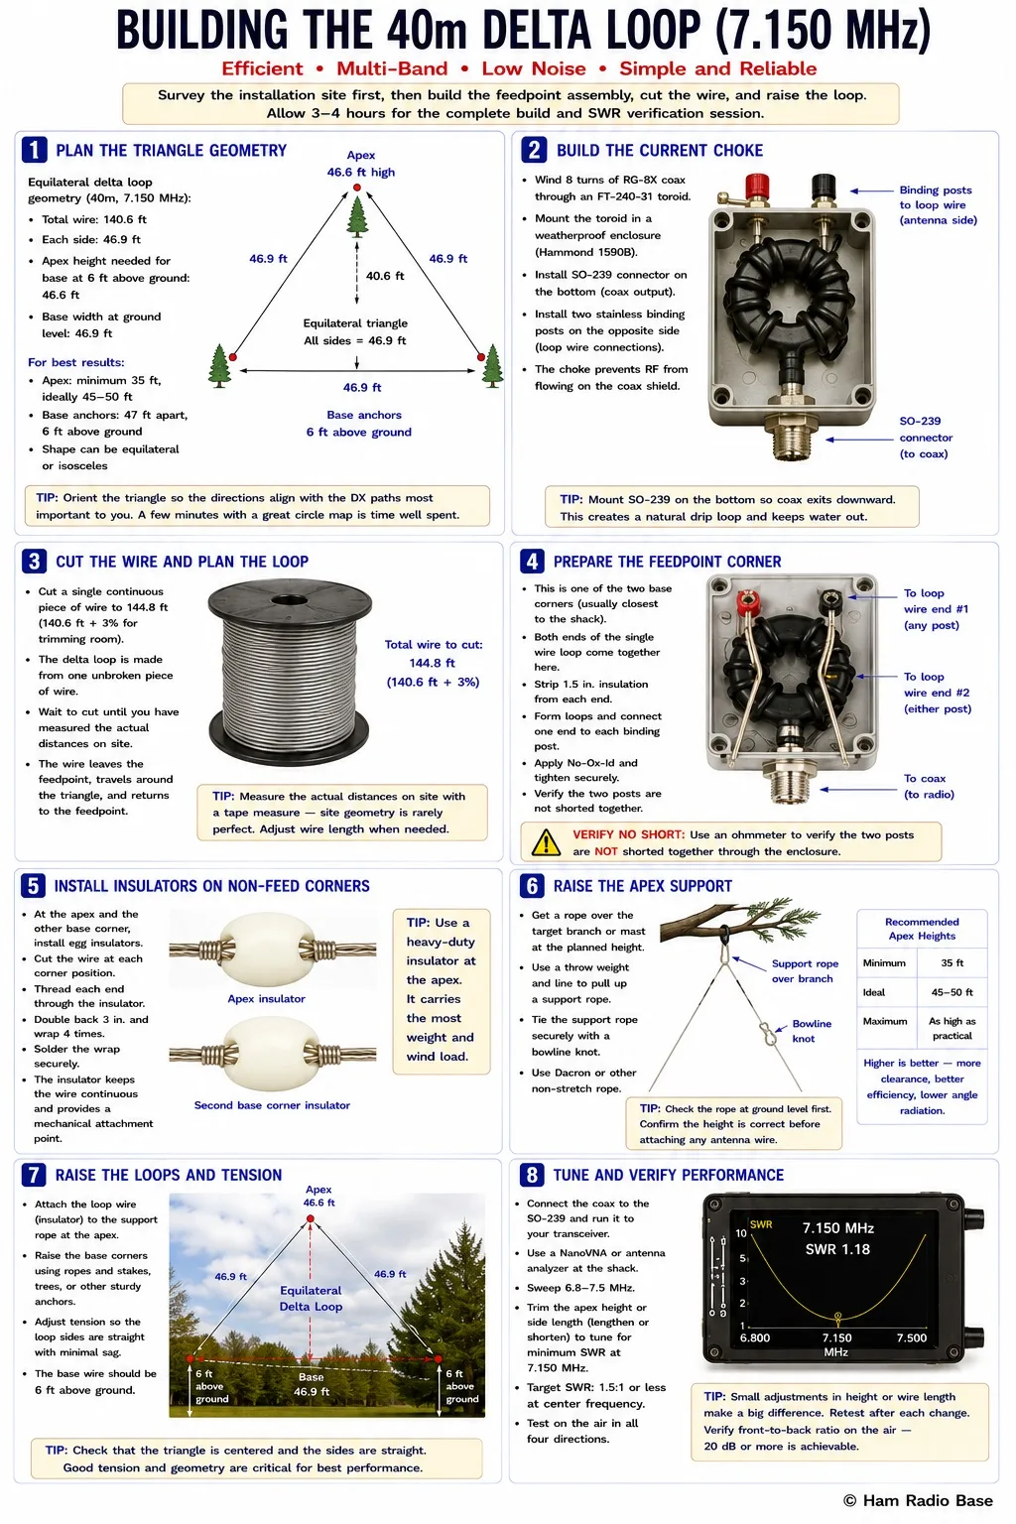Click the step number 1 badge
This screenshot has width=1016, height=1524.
click(34, 150)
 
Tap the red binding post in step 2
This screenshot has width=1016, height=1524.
click(757, 188)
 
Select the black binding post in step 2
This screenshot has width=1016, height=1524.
click(824, 188)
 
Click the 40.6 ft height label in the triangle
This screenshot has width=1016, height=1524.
click(385, 276)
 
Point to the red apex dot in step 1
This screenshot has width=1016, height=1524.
click(356, 188)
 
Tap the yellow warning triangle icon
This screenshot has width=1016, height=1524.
click(546, 842)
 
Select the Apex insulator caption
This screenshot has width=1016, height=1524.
click(266, 999)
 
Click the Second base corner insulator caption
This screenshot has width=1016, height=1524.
click(272, 1105)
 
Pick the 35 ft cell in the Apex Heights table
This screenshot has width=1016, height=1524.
click(952, 962)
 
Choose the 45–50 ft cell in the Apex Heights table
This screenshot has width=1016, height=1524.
click(952, 992)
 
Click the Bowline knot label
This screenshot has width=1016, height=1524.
click(812, 1031)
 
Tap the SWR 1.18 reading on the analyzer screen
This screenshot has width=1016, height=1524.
click(837, 1249)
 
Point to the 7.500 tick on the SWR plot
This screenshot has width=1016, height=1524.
click(912, 1337)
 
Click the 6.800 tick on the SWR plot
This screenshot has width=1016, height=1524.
click(755, 1337)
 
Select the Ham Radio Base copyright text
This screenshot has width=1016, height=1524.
click(918, 1500)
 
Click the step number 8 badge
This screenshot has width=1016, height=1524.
click(532, 1175)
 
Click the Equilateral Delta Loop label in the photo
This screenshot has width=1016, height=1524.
click(311, 1298)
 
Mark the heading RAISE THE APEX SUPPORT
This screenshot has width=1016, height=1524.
click(642, 886)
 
